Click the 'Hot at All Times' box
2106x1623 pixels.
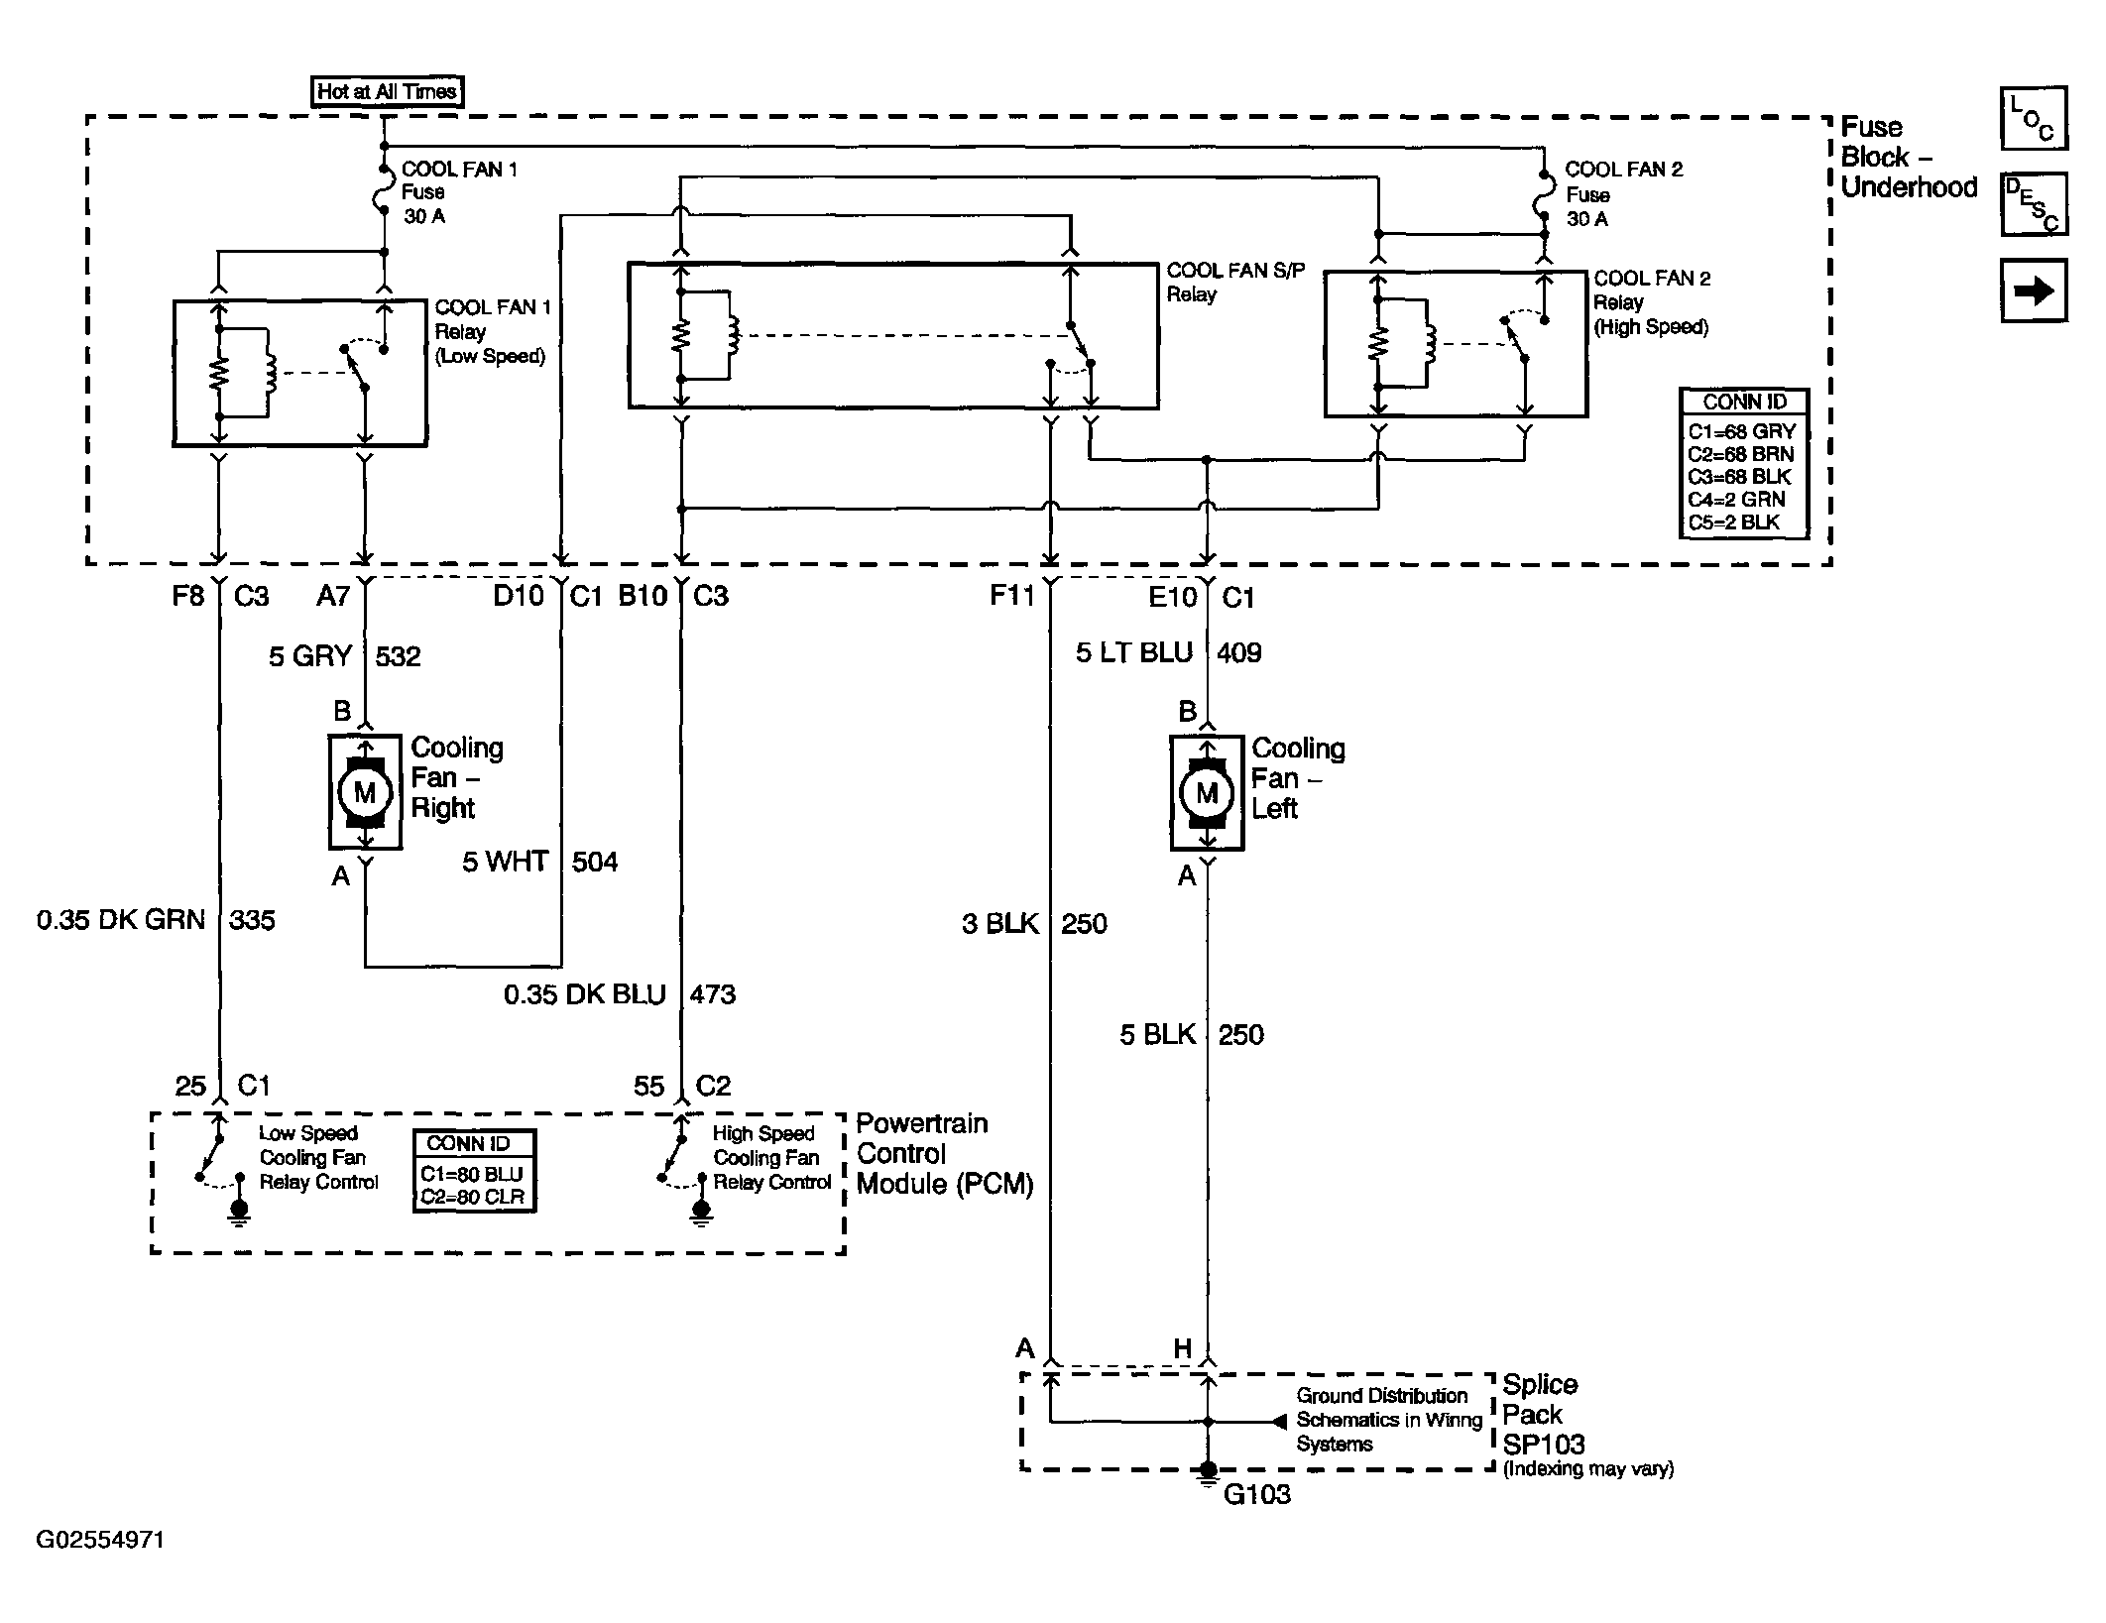pos(387,91)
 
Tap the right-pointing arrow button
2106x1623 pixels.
pos(2034,290)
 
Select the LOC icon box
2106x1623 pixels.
pos(2034,118)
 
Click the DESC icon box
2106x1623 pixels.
pos(2034,204)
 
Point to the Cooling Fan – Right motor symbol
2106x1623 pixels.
pos(365,791)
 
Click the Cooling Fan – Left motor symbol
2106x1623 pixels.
pos(1207,792)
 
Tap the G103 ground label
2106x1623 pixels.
pos(1257,1493)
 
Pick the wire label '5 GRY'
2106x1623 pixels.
pos(310,656)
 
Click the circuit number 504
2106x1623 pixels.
pos(594,862)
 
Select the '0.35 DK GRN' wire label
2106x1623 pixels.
pos(121,920)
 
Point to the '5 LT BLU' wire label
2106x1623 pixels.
pos(1134,652)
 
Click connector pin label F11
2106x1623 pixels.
pos(1012,595)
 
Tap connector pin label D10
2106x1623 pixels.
pos(520,595)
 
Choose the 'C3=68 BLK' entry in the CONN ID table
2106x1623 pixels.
pos(1740,477)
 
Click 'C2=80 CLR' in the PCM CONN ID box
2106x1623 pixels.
pos(472,1197)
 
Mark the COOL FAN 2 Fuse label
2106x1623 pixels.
pos(1623,194)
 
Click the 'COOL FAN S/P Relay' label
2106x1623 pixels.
pos(1235,283)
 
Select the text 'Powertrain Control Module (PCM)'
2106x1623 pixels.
pos(945,1154)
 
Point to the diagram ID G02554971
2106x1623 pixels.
pos(100,1540)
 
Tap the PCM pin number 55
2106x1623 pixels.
pos(648,1087)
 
